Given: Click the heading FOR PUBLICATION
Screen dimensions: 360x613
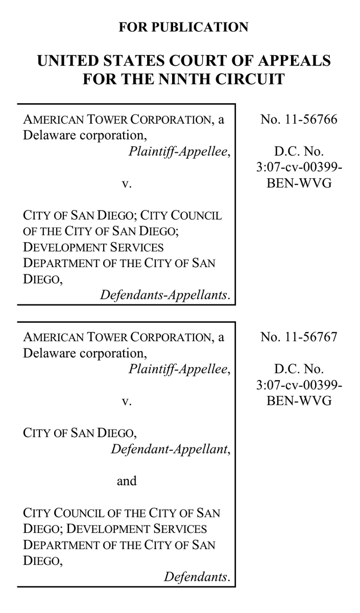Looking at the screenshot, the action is coord(183,27).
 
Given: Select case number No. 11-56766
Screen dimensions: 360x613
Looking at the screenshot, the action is coord(299,120).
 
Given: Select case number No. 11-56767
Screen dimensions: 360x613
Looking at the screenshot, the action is coord(299,338).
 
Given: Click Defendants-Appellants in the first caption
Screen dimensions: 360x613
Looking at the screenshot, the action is coord(165,295).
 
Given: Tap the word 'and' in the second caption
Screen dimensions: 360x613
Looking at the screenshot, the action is coord(127,481).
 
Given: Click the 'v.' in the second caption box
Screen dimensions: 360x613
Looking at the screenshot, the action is coord(127,402).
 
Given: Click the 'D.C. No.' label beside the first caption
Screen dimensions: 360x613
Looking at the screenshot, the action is coord(299,152).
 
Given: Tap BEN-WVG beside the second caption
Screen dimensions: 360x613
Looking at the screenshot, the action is coord(299,401).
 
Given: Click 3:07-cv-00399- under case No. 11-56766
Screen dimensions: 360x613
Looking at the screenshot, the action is coord(299,168).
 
